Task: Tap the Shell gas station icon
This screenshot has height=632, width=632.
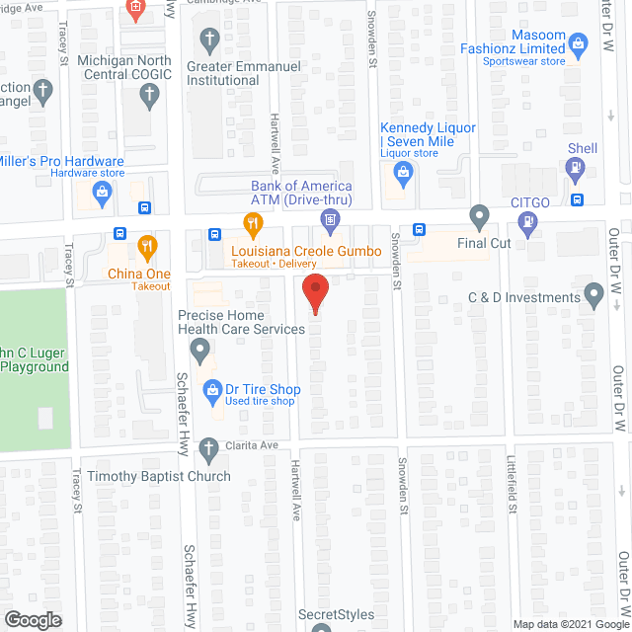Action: pos(575,169)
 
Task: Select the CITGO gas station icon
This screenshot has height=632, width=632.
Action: pos(530,222)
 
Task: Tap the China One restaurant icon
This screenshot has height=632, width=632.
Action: pos(146,247)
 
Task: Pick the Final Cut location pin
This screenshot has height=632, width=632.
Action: pos(480,215)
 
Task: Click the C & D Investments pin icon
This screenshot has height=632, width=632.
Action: pos(593,293)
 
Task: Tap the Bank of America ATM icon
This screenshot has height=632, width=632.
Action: pos(330,215)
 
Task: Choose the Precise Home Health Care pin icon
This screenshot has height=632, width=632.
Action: pos(200,348)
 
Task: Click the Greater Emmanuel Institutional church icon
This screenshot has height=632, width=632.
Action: pos(208,40)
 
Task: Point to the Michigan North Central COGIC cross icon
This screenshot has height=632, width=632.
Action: pos(148,95)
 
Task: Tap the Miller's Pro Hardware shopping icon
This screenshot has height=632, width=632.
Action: pos(100,191)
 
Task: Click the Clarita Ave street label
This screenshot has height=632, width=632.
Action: pos(251,445)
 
